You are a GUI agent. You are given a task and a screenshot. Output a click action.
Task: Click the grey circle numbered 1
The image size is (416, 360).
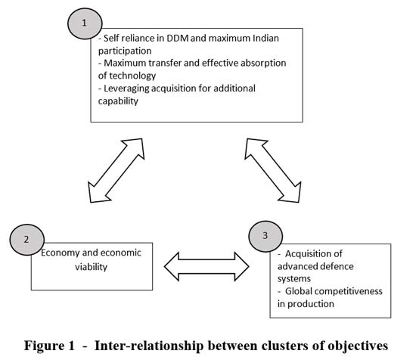pyautogui.click(x=85, y=23)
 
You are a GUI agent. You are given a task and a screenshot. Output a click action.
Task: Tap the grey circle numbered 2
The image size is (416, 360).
pyautogui.click(x=27, y=240)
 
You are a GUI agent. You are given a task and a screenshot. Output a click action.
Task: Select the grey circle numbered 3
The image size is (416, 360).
pyautogui.click(x=265, y=236)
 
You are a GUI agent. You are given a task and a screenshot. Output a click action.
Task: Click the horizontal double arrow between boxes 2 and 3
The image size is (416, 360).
pyautogui.click(x=206, y=266)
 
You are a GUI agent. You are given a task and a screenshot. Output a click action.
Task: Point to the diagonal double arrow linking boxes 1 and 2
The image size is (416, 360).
pyautogui.click(x=116, y=170)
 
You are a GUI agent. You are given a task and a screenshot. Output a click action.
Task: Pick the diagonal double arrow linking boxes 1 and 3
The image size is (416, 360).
pyautogui.click(x=273, y=170)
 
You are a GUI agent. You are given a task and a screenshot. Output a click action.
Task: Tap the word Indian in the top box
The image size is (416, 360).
pyautogui.click(x=265, y=39)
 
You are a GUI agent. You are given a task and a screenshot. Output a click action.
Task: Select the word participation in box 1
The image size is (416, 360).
pyautogui.click(x=125, y=51)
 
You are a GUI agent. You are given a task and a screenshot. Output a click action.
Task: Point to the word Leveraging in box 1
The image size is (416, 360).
pyautogui.click(x=126, y=88)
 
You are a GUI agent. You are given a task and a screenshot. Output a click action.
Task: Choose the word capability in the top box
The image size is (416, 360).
pyautogui.click(x=118, y=101)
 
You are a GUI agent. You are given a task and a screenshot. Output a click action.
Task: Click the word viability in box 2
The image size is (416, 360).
pyautogui.click(x=91, y=267)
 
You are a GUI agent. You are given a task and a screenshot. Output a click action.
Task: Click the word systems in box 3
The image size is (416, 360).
pyautogui.click(x=294, y=279)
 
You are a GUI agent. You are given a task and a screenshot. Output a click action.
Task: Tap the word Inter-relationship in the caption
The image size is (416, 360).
pyautogui.click(x=149, y=346)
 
